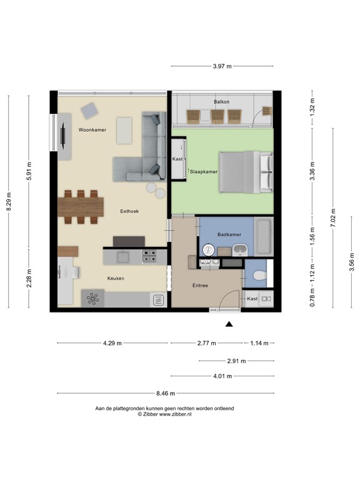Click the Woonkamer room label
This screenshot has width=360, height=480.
coord(92,129)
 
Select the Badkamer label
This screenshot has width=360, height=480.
coord(229,234)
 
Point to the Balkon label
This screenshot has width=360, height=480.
coord(221,102)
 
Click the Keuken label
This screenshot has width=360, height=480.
coord(117,279)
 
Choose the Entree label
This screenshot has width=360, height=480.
coord(200,286)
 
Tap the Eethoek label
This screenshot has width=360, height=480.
coord(129,211)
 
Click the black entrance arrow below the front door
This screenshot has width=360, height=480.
coord(229,324)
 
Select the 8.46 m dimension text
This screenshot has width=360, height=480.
coord(165,393)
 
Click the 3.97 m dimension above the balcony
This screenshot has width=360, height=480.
coord(222,66)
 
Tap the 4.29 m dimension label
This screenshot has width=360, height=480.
coord(112,343)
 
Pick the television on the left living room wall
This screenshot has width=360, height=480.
coord(63,136)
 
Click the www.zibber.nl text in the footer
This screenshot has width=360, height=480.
coord(176,414)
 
